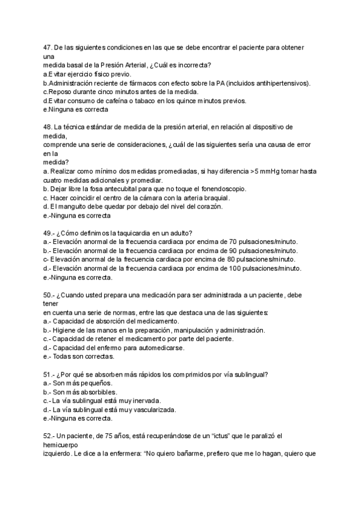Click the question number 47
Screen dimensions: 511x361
point(48,47)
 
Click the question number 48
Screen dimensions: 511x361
point(48,127)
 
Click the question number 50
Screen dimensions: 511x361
point(48,295)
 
